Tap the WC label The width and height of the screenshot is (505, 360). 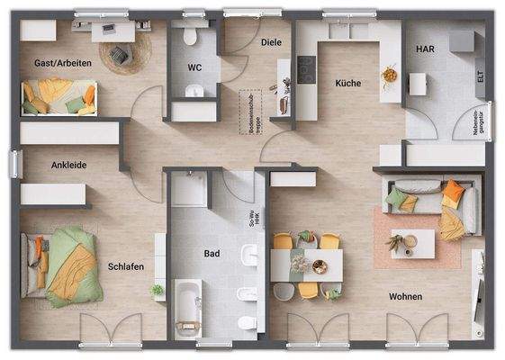pos(194,67)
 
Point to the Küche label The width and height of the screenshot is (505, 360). pos(347,83)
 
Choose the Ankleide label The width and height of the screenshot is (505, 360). pos(68,165)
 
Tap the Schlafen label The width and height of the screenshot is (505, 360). pos(126,266)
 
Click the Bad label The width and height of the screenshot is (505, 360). pos(212,254)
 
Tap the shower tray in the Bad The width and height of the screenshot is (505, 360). pos(189,188)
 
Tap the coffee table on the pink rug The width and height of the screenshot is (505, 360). pos(412,242)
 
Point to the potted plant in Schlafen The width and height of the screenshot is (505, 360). pos(157,292)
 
